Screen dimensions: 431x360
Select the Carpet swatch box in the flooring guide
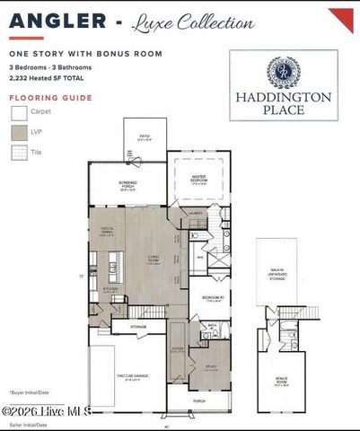(19, 113)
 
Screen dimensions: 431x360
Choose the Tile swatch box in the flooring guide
(19, 153)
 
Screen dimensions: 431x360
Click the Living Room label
(154, 262)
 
